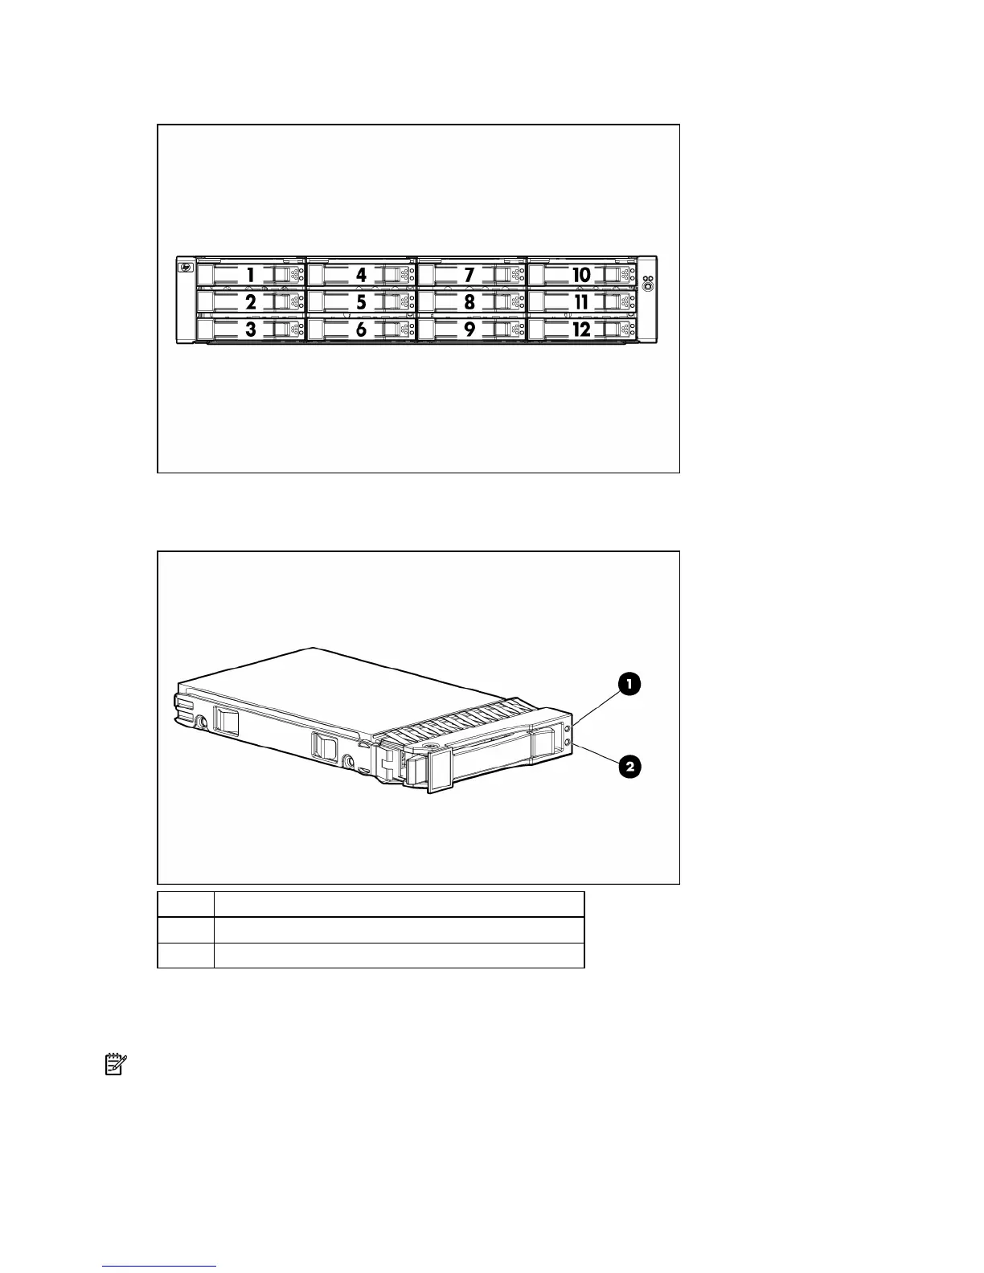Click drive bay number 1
(x=251, y=275)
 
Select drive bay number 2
(x=251, y=302)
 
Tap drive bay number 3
(x=251, y=330)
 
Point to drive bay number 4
(x=362, y=275)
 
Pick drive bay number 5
(x=362, y=302)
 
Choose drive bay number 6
(x=362, y=330)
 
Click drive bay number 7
(x=470, y=275)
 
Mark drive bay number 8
(x=470, y=302)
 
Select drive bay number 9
(x=470, y=330)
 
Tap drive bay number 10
(x=580, y=275)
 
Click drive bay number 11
(x=580, y=302)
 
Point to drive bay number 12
(x=580, y=330)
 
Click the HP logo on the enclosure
(x=186, y=268)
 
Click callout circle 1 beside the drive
(x=629, y=684)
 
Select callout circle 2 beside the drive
(x=629, y=767)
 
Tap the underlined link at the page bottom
(x=160, y=1267)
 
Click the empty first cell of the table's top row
(x=186, y=903)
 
